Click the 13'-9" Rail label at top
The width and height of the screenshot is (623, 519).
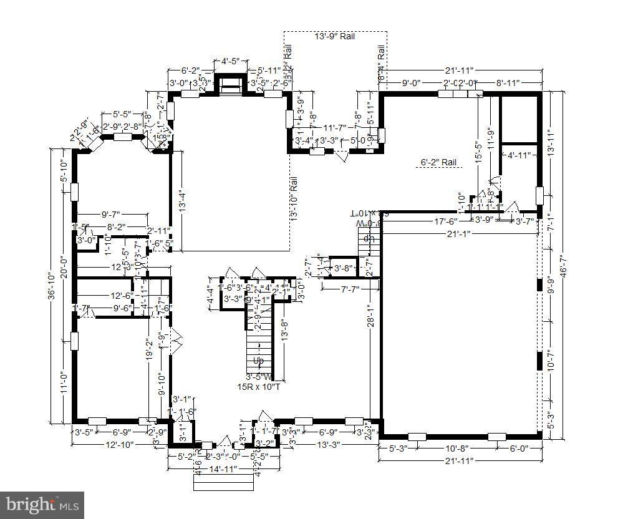click(334, 37)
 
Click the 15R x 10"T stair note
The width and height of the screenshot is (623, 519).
click(258, 387)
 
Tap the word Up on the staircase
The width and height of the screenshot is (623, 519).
click(258, 361)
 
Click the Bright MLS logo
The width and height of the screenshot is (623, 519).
click(42, 503)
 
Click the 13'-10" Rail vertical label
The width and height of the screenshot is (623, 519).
click(294, 198)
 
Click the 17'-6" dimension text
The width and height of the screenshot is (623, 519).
click(446, 221)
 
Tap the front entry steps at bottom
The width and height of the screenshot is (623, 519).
click(223, 482)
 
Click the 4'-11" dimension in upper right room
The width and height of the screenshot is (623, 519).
click(519, 155)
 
